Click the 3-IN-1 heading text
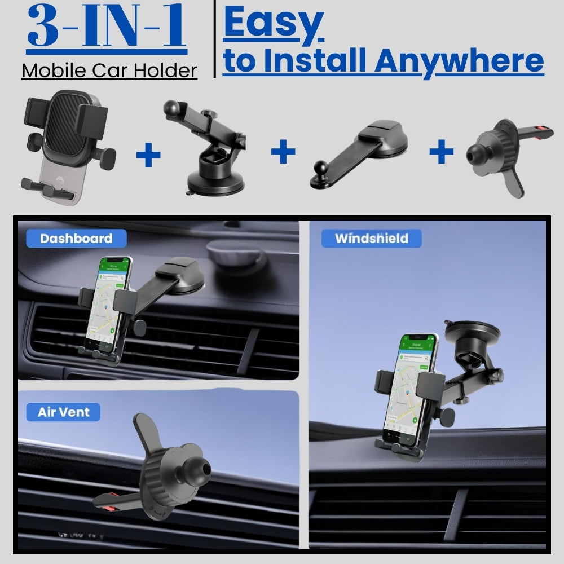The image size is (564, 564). pos(107,27)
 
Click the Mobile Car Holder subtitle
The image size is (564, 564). pos(109,70)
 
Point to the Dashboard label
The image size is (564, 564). pos(76,239)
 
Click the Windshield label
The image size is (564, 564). pos(371,239)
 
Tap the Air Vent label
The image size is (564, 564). pos(63,412)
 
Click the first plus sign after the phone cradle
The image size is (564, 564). pos(148,155)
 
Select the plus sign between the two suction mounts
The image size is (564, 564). pos(283,151)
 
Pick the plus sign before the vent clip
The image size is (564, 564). pos(441,151)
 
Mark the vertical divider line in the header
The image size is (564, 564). pos(215,39)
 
